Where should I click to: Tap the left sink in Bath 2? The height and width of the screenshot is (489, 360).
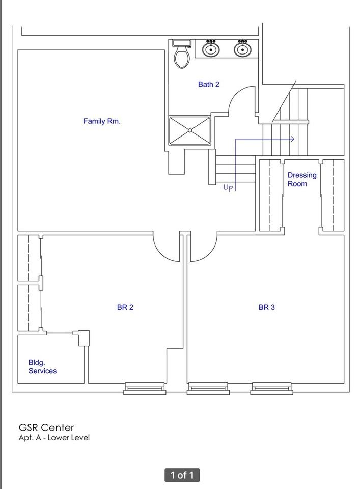[x=211, y=49]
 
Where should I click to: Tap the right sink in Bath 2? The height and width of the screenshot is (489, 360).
[x=242, y=49]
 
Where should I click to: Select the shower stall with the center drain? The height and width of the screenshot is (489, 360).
[x=189, y=131]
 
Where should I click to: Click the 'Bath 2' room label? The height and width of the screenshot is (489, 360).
[x=209, y=84]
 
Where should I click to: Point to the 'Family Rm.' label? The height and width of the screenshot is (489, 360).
[x=102, y=121]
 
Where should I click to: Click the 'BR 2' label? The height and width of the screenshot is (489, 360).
[x=125, y=307]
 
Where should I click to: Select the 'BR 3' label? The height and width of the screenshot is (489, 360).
[x=266, y=307]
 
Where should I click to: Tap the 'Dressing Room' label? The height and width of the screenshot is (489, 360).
[x=301, y=179]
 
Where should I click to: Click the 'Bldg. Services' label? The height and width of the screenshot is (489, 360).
[x=42, y=367]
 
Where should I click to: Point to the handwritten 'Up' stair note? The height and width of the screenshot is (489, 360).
[x=228, y=188]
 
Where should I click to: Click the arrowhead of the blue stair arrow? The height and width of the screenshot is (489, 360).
[x=292, y=139]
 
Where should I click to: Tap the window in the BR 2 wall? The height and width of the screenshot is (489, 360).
[x=145, y=389]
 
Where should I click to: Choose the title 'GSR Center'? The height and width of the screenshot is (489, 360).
[x=46, y=427]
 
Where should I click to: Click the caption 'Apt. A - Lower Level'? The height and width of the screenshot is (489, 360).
[x=54, y=438]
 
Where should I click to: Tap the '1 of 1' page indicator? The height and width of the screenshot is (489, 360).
[x=182, y=475]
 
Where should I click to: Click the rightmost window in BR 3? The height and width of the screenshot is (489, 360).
[x=272, y=389]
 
